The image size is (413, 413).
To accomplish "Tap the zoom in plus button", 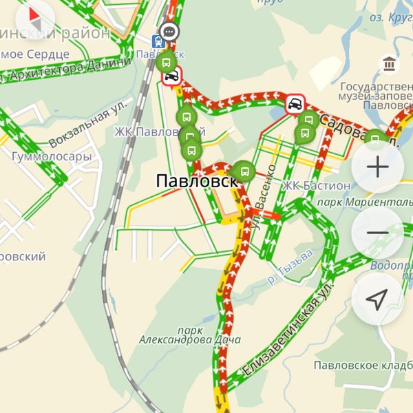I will [378, 167].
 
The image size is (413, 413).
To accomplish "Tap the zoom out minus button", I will [378, 233].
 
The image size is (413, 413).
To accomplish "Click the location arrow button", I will [377, 299].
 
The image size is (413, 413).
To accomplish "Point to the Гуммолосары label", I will [52, 157].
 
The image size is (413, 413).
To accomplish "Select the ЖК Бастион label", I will [317, 186].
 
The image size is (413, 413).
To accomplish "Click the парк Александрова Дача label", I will [189, 335].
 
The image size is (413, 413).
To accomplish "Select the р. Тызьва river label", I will [292, 266].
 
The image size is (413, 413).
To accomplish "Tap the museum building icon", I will [390, 64].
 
